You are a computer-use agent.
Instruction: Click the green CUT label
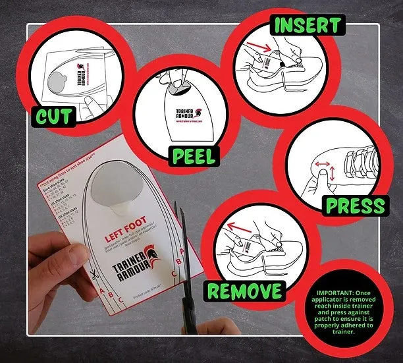pos(53,117)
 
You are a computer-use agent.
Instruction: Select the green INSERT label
pos(308,26)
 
